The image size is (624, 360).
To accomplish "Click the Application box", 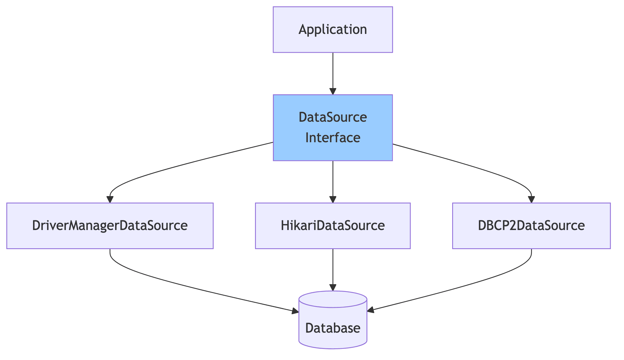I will [x=333, y=30].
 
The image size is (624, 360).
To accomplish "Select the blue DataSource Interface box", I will [x=333, y=128].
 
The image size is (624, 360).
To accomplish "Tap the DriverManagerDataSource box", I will [x=110, y=225].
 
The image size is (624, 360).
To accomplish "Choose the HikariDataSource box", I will [x=333, y=225].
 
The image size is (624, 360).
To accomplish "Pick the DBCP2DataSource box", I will [x=531, y=225].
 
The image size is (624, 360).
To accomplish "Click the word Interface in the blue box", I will [x=333, y=138].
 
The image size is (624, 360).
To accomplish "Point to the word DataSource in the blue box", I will [x=333, y=117].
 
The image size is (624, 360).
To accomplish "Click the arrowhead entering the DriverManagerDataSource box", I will [x=110, y=200].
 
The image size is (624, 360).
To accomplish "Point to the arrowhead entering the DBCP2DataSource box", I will [x=531, y=200].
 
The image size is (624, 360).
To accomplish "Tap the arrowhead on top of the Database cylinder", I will [x=333, y=287].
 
